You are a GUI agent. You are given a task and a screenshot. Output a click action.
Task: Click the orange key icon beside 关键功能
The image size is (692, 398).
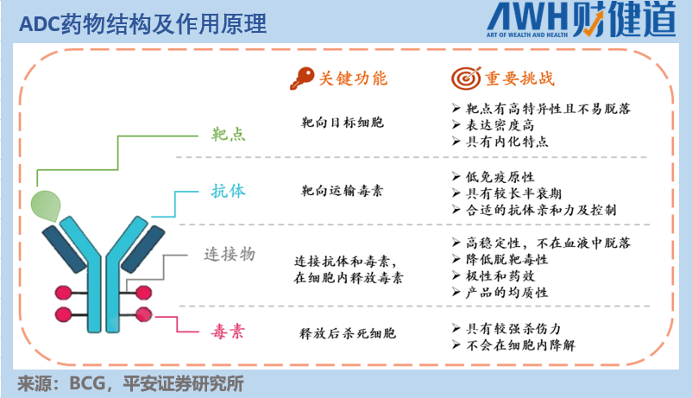(302, 78)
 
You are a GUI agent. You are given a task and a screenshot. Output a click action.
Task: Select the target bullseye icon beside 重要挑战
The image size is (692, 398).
(463, 78)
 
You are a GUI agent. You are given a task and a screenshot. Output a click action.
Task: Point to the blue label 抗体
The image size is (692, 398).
(229, 192)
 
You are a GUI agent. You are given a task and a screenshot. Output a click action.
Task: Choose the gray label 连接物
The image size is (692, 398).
(229, 255)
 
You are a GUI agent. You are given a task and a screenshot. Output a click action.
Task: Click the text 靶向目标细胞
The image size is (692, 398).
(342, 123)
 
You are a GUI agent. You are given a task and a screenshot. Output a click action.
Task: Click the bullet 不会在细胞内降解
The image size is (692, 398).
(519, 344)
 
